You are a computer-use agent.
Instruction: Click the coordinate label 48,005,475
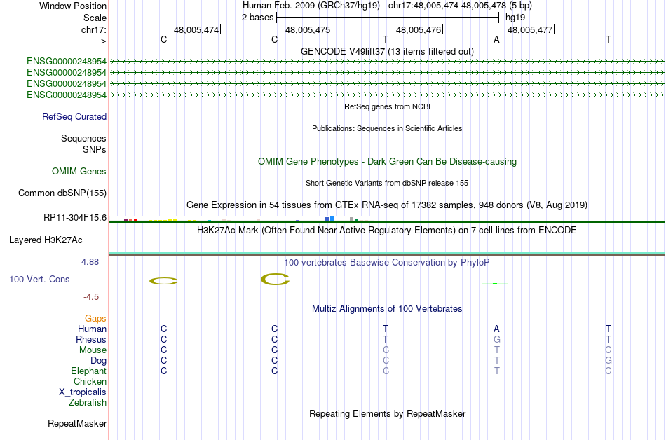[307, 30]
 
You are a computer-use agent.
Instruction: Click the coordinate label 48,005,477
[529, 30]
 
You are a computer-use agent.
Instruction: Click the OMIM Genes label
[79, 172]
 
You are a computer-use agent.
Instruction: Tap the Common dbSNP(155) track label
[62, 193]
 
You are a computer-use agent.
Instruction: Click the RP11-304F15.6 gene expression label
[75, 218]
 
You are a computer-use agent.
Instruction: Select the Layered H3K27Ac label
[46, 240]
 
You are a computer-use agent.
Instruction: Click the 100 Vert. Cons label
[39, 280]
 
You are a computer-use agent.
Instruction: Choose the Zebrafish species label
[88, 403]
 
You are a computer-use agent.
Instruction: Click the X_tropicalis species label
[83, 392]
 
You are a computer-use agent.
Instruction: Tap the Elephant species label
[88, 371]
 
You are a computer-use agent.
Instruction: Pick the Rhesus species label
[91, 340]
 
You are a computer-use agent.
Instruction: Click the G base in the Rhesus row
[496, 340]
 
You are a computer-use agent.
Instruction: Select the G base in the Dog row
[608, 361]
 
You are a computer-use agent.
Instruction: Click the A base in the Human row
[496, 329]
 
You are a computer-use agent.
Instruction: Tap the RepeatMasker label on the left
[77, 424]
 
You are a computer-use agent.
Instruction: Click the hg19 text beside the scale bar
[515, 17]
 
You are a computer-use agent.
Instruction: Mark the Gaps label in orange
[95, 319]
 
